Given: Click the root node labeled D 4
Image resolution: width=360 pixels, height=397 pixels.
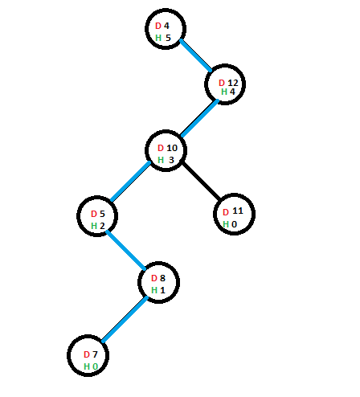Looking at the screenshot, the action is coord(166,29).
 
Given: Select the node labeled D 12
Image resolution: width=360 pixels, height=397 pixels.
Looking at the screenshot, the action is coord(225,84).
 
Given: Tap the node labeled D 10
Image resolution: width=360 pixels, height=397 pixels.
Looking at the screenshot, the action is coord(166,150).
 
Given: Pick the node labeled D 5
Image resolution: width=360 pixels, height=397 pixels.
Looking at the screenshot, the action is coord(97,216).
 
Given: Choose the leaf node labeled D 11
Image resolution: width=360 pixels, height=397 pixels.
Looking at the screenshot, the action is coord(234,214).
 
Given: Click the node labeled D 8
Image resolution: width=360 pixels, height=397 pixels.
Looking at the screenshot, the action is coord(158,282).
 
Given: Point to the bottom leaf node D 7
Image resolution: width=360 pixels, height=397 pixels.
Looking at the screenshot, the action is coord(88,355).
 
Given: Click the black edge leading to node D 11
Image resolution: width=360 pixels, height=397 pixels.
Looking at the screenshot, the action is coord(202,182).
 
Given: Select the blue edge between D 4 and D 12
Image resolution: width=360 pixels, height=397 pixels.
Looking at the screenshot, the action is coord(196,55).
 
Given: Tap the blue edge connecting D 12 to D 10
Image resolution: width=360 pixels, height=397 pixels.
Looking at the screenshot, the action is coord(199,118).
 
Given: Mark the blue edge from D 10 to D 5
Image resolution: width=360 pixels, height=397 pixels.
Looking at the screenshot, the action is coord(131,181).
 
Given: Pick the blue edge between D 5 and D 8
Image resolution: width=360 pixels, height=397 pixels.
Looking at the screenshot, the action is coord(125,250).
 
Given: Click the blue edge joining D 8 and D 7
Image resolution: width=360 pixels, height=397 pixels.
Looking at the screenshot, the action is coord(125,319).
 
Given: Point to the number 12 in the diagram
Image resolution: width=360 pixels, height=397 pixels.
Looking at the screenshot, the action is coord(233,83).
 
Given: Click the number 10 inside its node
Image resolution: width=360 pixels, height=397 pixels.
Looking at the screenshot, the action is coord(172,148).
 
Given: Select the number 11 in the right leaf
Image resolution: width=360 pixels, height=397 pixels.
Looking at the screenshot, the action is coord(238,211).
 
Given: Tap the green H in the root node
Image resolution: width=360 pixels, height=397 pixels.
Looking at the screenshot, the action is coord(158,38).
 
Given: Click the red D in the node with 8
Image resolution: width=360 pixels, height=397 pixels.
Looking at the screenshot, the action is coord(153,278).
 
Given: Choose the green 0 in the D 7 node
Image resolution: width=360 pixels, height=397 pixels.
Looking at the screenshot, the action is coord(95,366).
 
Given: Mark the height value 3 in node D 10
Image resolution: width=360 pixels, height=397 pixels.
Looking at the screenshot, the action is coord(171,160).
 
